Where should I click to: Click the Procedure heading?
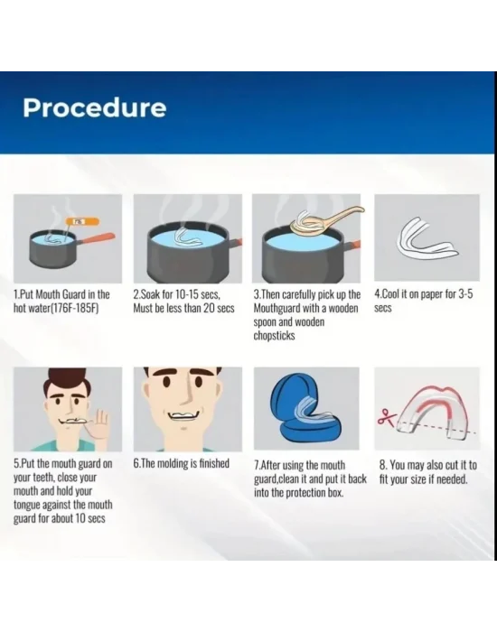click(x=94, y=108)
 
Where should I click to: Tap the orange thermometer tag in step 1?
click(x=82, y=221)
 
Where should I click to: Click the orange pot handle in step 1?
click(x=98, y=237)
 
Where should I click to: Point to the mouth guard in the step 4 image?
click(x=427, y=238)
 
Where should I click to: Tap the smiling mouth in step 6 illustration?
click(x=183, y=416)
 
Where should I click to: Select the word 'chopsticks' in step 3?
click(x=275, y=335)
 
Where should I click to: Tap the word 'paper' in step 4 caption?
click(x=431, y=294)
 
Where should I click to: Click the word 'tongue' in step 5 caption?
click(x=26, y=505)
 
